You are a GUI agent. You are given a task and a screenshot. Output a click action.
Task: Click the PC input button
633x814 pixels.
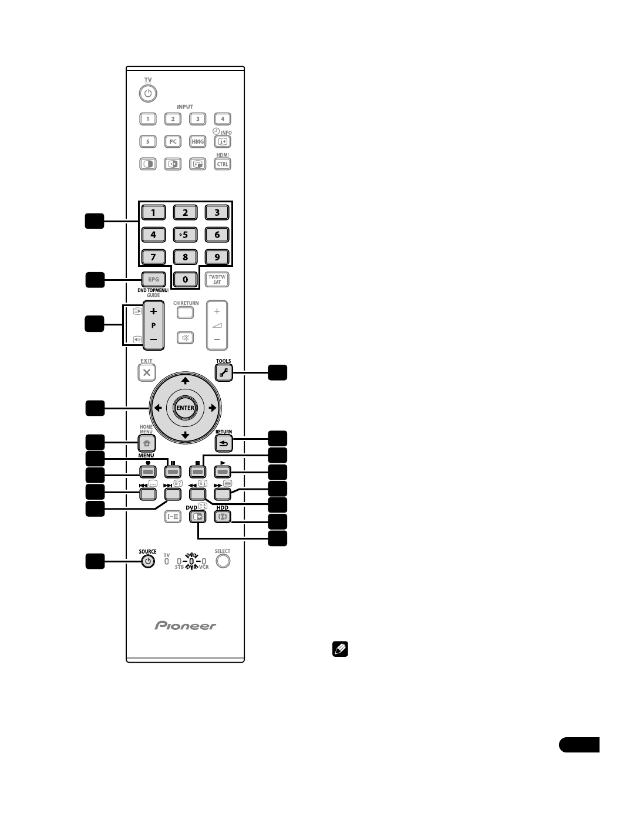click(x=173, y=141)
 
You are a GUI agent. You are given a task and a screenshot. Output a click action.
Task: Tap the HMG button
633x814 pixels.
click(x=198, y=141)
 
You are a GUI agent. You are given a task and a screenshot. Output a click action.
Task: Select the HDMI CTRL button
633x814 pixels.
click(x=223, y=164)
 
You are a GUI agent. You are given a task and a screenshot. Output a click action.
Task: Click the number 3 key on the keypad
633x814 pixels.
click(x=217, y=212)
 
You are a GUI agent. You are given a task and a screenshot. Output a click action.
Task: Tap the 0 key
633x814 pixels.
click(x=185, y=279)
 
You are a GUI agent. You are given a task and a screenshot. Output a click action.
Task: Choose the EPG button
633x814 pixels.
click(x=153, y=279)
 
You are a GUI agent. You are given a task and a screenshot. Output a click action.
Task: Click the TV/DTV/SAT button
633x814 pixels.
click(x=217, y=279)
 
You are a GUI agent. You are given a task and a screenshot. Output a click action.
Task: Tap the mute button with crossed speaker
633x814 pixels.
click(x=185, y=338)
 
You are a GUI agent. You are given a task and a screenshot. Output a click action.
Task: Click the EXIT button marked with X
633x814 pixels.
click(x=147, y=372)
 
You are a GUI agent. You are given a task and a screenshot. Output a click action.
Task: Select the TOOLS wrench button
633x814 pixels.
click(x=223, y=372)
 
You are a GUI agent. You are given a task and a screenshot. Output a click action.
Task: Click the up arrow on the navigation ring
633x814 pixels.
click(x=185, y=381)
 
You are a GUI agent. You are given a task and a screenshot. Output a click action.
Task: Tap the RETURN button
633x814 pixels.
click(x=223, y=444)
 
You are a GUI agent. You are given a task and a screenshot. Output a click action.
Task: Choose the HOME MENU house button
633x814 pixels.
click(x=147, y=444)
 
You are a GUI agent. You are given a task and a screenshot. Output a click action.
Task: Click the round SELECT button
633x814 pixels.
click(x=223, y=561)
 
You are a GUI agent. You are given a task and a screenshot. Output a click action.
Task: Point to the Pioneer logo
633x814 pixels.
click(x=186, y=626)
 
